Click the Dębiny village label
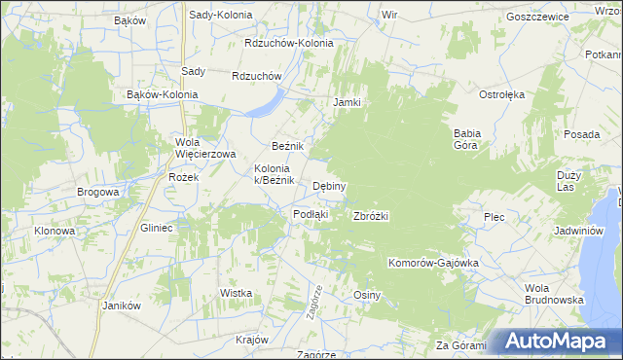click(x=329, y=186)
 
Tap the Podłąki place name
click(x=311, y=214)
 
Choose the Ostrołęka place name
click(x=501, y=94)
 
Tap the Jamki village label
click(x=348, y=102)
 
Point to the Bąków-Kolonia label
click(x=163, y=94)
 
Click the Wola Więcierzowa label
click(x=205, y=148)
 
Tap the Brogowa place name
click(x=98, y=192)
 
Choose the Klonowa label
click(x=55, y=231)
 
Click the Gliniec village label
click(x=156, y=227)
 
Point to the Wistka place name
click(x=237, y=292)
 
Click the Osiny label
click(x=366, y=295)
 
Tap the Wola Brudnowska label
click(x=553, y=294)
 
